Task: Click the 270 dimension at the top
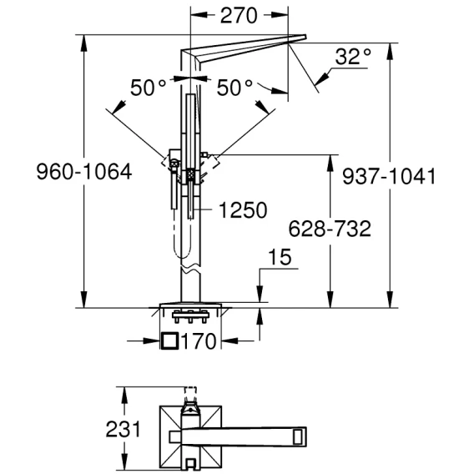[239, 16]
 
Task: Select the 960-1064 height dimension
[84, 172]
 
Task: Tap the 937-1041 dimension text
[389, 176]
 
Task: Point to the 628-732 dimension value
[330, 229]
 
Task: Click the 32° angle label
[353, 56]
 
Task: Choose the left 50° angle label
[149, 88]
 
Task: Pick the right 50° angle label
[234, 88]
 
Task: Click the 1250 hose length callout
[243, 209]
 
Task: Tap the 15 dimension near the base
[280, 257]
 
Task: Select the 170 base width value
[199, 341]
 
